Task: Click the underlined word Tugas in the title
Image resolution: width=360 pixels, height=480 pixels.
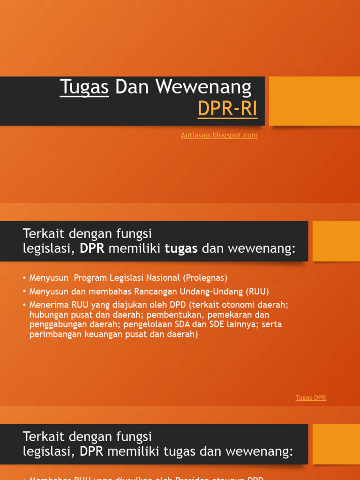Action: point(84,87)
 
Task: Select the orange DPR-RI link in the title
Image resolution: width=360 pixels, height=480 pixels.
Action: point(227,109)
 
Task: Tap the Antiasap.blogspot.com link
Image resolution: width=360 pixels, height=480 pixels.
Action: point(219,135)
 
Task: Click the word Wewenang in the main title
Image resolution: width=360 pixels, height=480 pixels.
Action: point(203,87)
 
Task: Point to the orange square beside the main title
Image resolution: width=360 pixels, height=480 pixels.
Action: point(315,101)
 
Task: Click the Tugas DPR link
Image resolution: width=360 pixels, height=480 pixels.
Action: point(310,397)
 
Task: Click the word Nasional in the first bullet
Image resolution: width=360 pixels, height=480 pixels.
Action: point(164,277)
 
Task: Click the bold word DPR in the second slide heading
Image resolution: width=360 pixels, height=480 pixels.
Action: point(92,248)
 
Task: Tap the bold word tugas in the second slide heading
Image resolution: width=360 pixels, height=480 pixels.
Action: point(181,248)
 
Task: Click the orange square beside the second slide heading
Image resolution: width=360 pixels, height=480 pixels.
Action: point(336,241)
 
